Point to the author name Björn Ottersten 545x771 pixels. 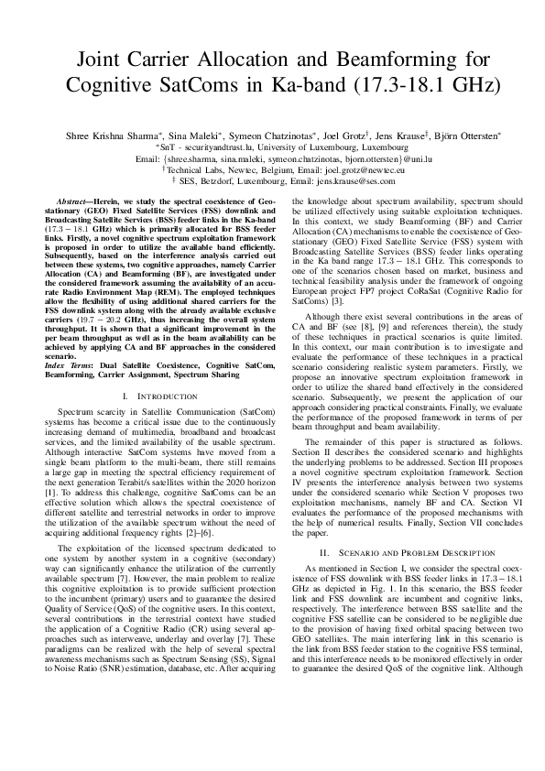(462, 133)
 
